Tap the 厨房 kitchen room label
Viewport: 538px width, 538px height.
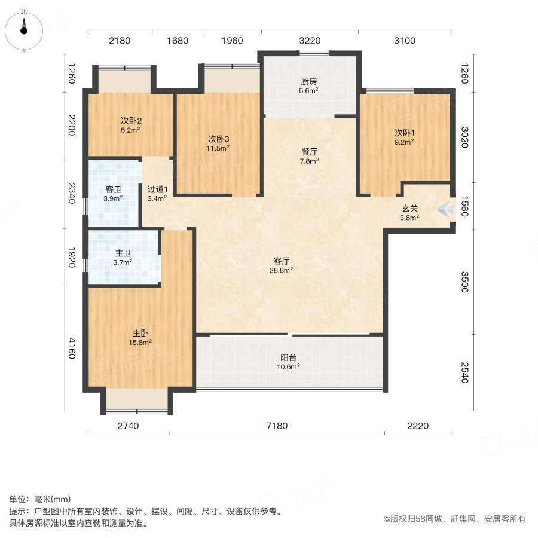pos(309,82)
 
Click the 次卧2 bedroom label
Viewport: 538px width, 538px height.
pos(130,120)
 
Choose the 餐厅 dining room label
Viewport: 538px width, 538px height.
pos(309,151)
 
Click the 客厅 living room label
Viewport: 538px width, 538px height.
pos(282,261)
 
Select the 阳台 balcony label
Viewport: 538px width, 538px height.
pos(289,357)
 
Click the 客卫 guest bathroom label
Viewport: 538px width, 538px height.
pos(114,189)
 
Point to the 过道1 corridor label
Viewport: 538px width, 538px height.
pos(158,189)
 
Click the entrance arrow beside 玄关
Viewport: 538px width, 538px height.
pos(445,209)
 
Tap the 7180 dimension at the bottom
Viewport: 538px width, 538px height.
pos(277,426)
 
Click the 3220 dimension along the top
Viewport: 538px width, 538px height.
pos(310,41)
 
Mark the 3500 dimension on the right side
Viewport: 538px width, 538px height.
pos(465,283)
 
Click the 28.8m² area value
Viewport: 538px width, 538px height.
pos(282,270)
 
